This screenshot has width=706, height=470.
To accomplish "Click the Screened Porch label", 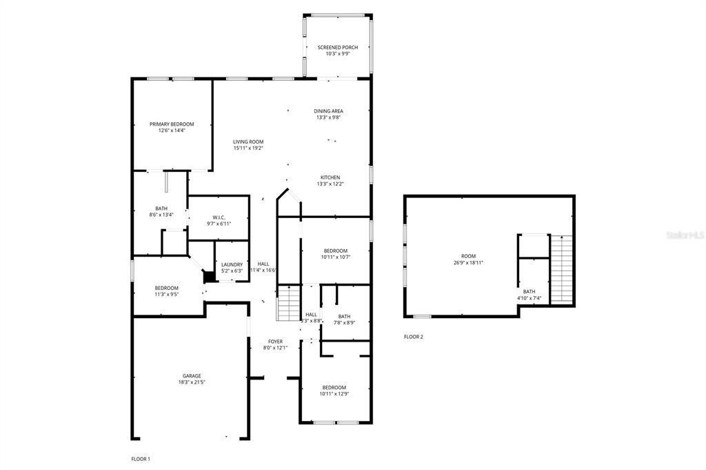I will coord(337,48).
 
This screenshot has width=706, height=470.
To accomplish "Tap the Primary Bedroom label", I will coord(172,124).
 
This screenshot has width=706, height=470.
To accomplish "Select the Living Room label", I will coord(248,142).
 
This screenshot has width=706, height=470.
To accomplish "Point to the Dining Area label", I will coord(328,111).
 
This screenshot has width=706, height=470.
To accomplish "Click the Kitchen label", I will coord(330,177).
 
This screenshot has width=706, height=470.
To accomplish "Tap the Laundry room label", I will coord(232,264).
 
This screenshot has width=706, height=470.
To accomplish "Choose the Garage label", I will coord(192,376).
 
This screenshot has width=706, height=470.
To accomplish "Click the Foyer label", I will coord(276,342).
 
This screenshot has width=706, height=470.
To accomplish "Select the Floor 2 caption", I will coord(413,337).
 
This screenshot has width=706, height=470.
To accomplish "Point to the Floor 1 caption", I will coord(141,459).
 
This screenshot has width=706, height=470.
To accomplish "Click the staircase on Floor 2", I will coord(562,269).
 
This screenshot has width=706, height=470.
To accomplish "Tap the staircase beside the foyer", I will coord(289,304).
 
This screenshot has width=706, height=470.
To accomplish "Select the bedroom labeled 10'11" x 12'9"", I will coord(333,391).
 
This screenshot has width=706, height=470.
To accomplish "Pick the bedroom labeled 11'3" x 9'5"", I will coord(166,291).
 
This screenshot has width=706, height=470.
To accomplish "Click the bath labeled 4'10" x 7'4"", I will coord(529,295).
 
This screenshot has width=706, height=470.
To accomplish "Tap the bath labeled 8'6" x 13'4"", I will coord(161,211).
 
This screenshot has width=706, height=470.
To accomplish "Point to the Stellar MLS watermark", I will coord(682,235).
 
